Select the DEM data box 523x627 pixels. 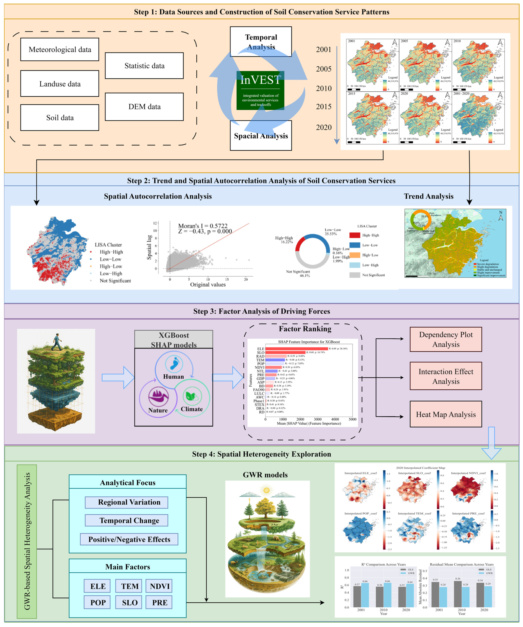144,107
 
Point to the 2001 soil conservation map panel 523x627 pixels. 372,65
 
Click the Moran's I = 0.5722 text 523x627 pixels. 203,226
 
